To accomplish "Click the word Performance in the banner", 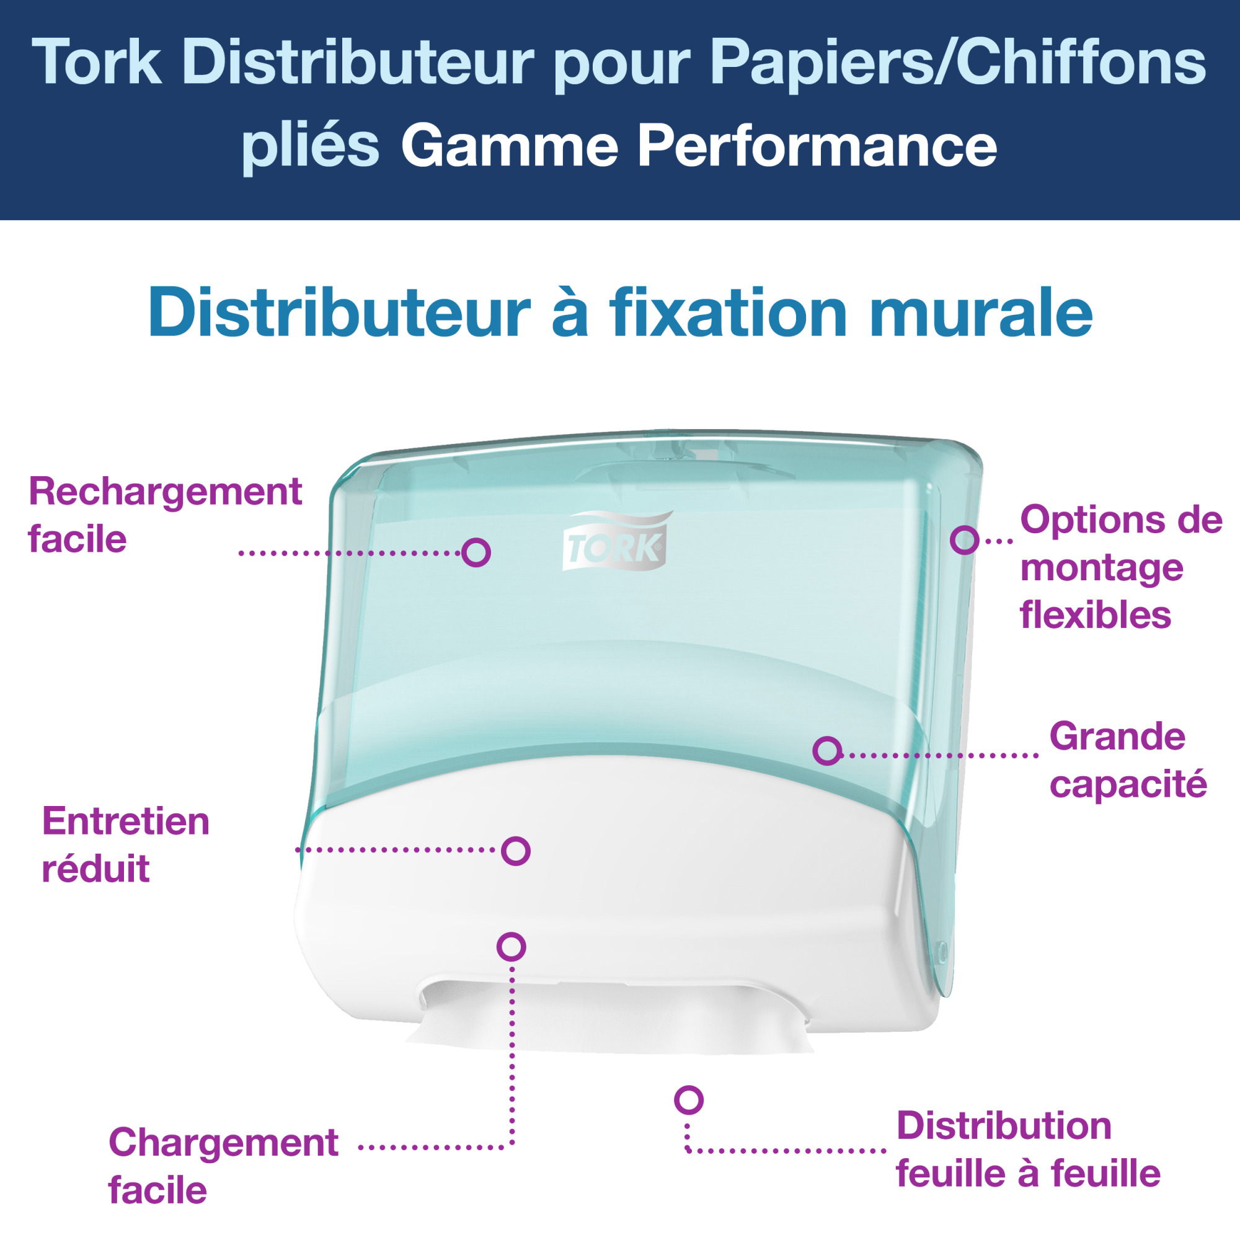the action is tap(817, 146).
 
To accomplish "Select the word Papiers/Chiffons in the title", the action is tap(959, 62).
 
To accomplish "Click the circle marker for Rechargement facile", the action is tap(476, 552).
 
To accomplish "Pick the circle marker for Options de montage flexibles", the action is tap(965, 540).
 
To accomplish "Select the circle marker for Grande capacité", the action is tap(827, 751).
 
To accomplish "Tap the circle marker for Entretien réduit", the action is tap(515, 851).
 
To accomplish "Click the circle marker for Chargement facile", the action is tap(511, 947).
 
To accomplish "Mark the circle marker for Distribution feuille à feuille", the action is tap(689, 1100).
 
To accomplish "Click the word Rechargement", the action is tap(165, 493).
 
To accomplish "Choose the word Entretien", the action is tap(126, 821).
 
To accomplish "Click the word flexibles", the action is tap(1096, 615).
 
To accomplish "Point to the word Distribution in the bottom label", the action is tap(1004, 1127).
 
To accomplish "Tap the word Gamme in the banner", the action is tap(510, 147).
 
